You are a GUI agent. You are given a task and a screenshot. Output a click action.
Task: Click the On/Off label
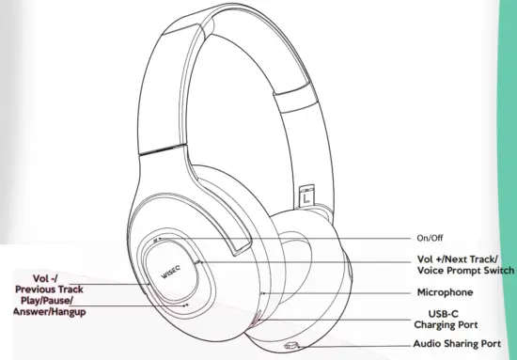[x=430, y=238]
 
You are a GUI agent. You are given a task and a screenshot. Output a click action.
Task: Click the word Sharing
[x=464, y=345]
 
